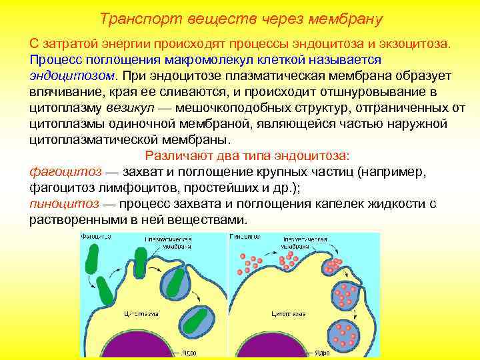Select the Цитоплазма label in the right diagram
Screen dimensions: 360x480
click(288, 312)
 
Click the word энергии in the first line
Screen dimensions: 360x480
click(117, 43)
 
